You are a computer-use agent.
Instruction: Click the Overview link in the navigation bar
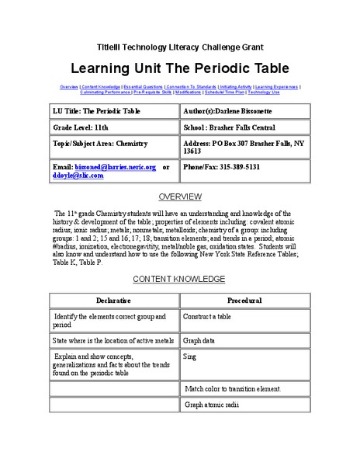point(68,85)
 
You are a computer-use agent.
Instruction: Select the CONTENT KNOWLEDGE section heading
point(179,278)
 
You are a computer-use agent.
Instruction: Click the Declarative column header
point(113,300)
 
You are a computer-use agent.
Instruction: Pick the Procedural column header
point(244,300)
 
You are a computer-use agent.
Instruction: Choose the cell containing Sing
point(190,356)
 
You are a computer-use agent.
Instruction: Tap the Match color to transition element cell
point(232,388)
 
